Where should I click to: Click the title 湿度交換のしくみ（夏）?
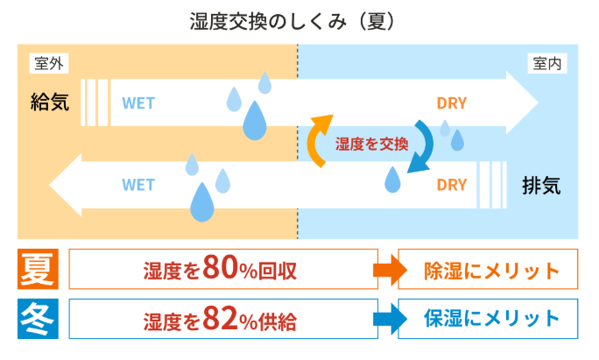click(292, 21)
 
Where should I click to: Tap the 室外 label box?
click(49, 63)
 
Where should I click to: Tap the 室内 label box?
click(547, 63)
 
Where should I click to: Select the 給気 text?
click(50, 102)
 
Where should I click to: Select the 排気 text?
click(541, 186)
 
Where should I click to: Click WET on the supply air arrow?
click(138, 103)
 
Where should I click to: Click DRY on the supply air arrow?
click(452, 103)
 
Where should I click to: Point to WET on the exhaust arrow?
click(138, 185)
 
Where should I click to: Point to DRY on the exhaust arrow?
click(452, 185)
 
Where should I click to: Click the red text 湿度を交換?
click(371, 144)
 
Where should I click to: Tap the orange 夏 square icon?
click(38, 269)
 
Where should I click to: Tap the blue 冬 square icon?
click(38, 319)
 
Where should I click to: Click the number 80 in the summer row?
click(221, 267)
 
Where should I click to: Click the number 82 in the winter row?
click(221, 318)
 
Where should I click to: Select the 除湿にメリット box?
click(488, 269)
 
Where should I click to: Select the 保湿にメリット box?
click(488, 319)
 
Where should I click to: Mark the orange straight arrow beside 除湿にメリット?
click(390, 270)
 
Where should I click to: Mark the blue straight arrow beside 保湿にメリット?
click(390, 319)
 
